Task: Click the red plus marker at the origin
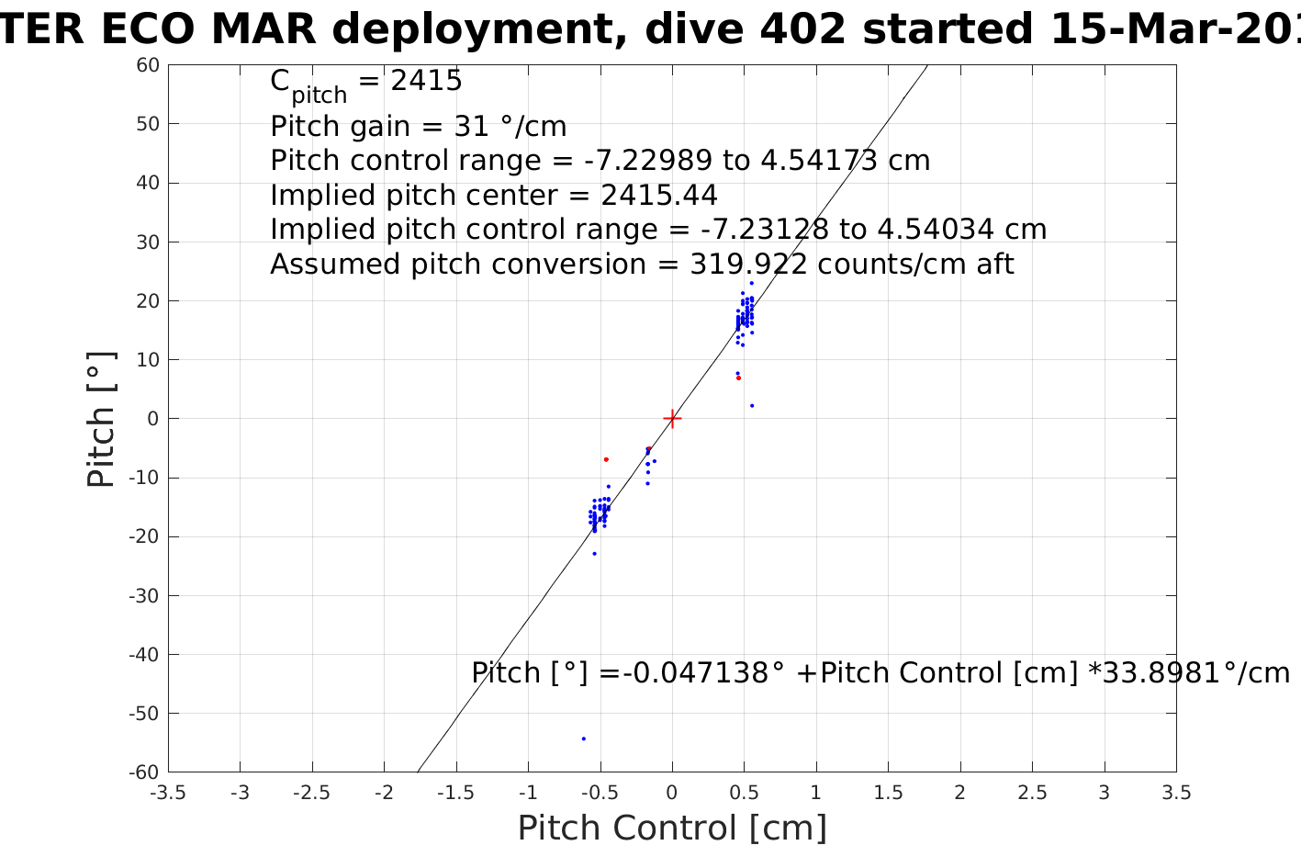tap(672, 419)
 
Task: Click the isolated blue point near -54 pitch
tap(583, 738)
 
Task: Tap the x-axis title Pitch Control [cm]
tap(672, 828)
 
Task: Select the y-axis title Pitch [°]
tap(101, 419)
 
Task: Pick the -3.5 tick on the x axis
tap(168, 793)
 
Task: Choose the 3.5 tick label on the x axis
tap(1176, 793)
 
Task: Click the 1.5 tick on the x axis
tap(888, 793)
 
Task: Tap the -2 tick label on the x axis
tap(384, 793)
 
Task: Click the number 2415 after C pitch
tap(426, 81)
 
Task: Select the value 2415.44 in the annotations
tap(659, 196)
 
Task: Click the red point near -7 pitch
tap(606, 459)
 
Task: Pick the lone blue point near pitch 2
tap(752, 406)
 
